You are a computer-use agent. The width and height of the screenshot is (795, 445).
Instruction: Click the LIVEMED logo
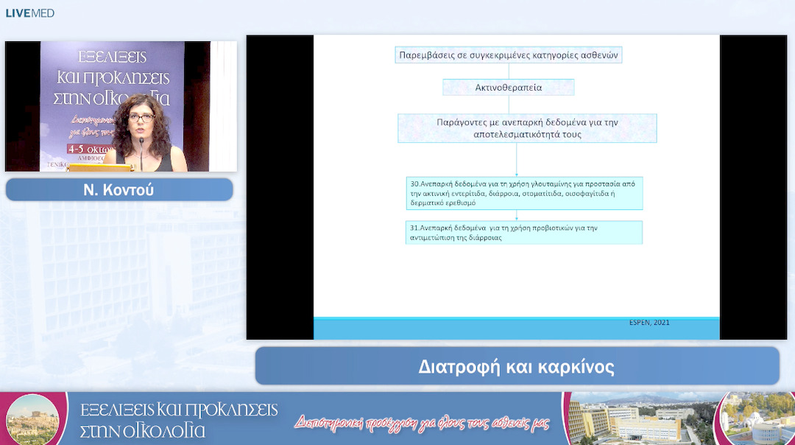coord(29,13)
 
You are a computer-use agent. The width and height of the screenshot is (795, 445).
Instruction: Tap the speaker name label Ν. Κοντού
coord(119,190)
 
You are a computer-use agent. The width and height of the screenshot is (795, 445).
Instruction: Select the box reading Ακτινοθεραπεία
coord(509,88)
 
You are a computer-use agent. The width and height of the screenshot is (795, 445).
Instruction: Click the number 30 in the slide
coord(414,182)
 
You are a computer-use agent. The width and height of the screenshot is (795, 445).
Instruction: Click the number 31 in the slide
coord(414,228)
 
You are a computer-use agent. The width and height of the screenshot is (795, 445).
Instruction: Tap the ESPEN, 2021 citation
coord(649,323)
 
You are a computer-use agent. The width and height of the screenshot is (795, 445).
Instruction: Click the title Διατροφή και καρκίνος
coord(516,366)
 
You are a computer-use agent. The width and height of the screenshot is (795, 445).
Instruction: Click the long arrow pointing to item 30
coord(517,159)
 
